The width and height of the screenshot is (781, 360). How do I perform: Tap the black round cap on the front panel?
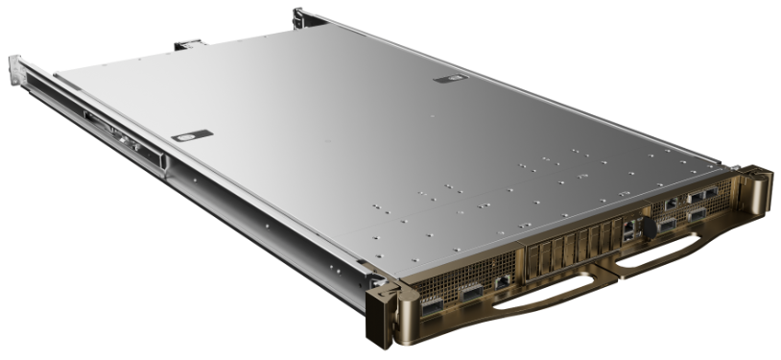645,228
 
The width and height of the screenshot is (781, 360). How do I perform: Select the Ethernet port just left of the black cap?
627,230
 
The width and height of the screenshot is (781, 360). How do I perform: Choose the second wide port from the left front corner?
470,292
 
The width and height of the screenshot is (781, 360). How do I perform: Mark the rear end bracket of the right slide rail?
299,16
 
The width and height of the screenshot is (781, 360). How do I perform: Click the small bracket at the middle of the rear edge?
186,44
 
